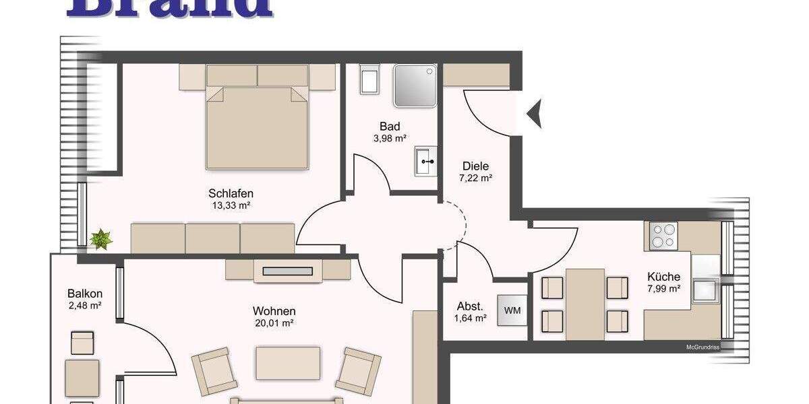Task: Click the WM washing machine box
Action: [x=512, y=310]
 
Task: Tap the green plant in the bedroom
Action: [x=101, y=238]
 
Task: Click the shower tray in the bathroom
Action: [x=415, y=86]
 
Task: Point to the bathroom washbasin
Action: [x=425, y=161]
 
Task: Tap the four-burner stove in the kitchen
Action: [x=664, y=236]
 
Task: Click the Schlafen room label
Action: [x=231, y=194]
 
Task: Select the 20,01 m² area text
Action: [x=274, y=323]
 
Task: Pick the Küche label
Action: [x=663, y=277]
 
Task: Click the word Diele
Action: [x=475, y=166]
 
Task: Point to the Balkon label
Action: [x=85, y=294]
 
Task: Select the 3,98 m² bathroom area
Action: [x=390, y=139]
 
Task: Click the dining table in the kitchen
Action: [x=585, y=304]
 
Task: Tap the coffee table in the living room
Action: [x=288, y=363]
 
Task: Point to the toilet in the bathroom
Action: [x=370, y=80]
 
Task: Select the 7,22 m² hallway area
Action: [x=476, y=178]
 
